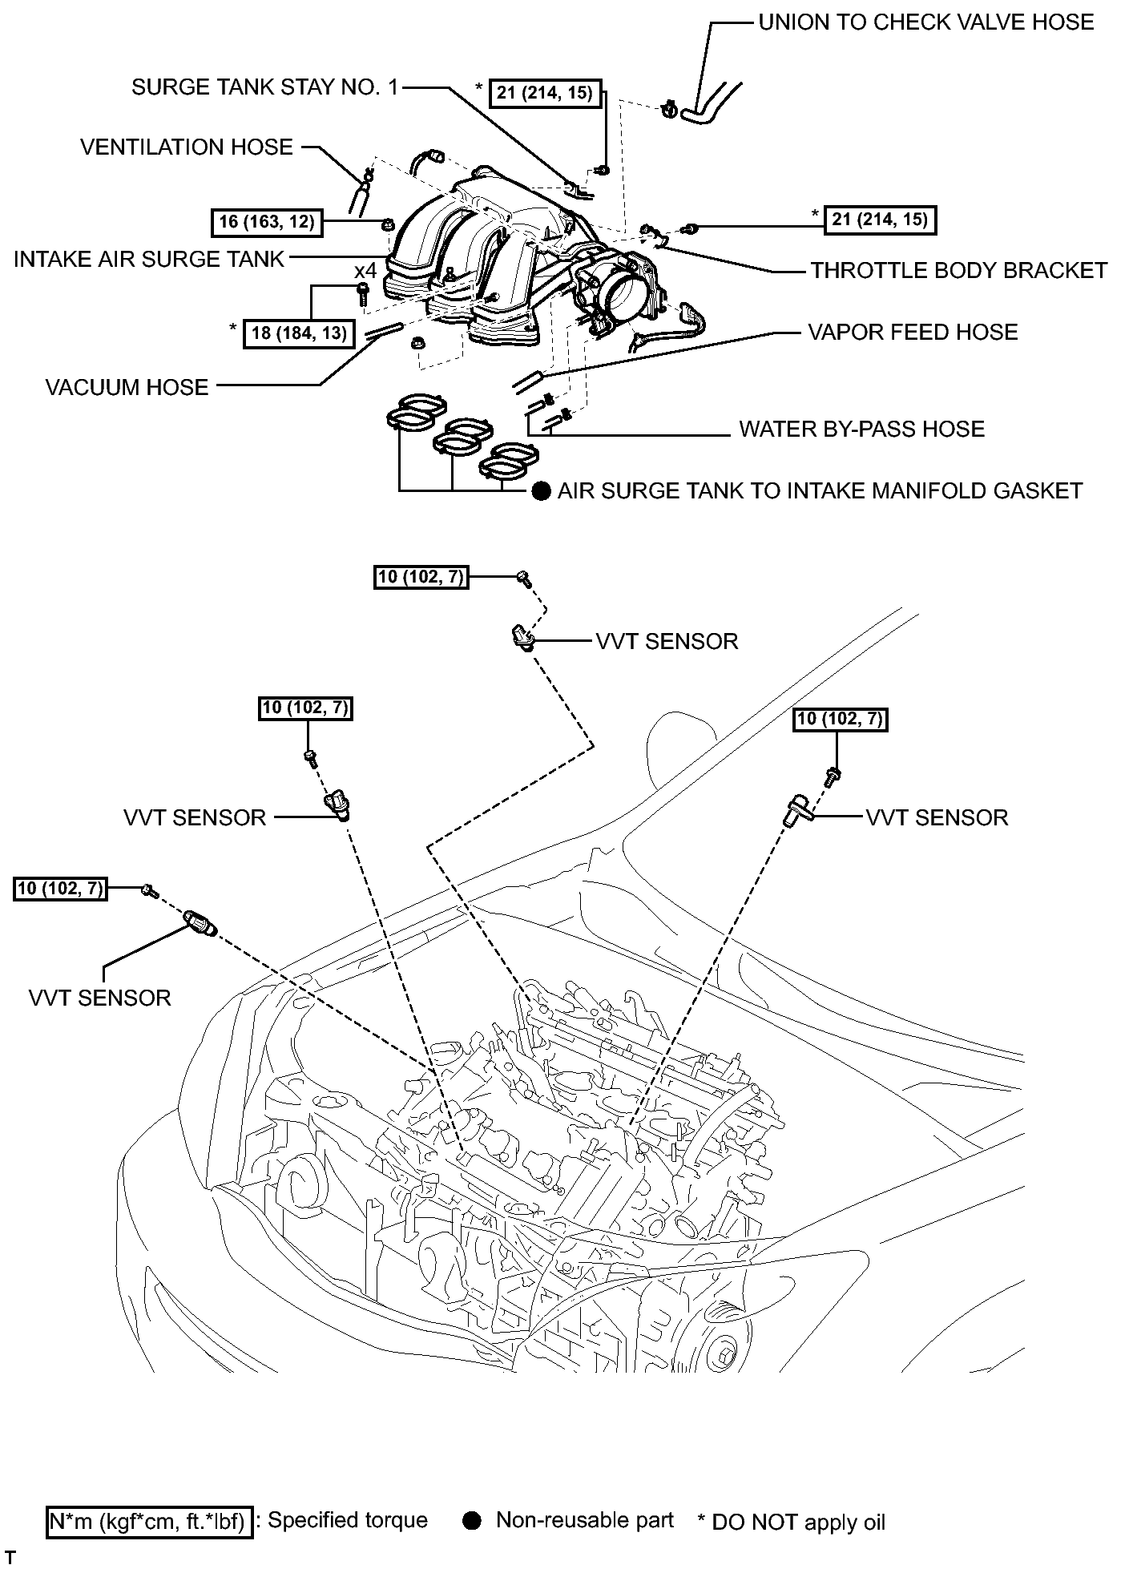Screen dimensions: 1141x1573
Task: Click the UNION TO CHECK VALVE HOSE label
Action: pos(925,22)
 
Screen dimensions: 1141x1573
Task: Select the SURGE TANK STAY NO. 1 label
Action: pos(264,87)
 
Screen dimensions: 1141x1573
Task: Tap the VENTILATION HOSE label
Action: pos(187,147)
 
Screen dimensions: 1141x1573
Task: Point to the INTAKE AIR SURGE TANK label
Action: pos(149,260)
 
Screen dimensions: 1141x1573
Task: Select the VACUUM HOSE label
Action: pos(127,388)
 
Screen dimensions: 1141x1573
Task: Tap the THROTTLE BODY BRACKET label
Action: pos(958,271)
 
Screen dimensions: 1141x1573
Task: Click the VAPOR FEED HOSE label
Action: pos(913,333)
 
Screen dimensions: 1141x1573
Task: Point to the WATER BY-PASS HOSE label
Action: pos(861,430)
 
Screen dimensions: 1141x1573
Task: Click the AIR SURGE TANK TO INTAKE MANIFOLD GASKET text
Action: pos(820,490)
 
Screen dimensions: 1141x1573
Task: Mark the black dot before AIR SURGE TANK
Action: pos(542,491)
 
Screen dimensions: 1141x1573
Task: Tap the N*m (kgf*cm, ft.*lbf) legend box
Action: pos(150,1521)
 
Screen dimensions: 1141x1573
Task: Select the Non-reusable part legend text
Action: pos(585,1520)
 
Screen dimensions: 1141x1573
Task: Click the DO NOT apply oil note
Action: pos(792,1523)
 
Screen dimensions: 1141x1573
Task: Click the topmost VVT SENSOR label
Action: pos(667,642)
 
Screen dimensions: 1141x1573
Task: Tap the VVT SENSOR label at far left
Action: pos(100,998)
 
